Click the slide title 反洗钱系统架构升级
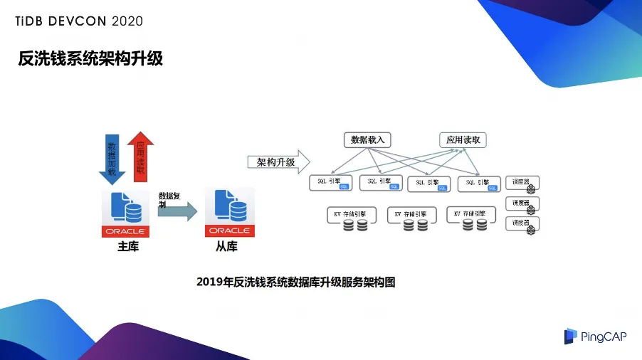point(90,58)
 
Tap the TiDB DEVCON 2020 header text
point(79,21)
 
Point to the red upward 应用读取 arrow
point(140,155)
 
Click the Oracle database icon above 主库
point(125,213)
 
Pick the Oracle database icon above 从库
point(228,213)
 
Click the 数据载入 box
point(368,139)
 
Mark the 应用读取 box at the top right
point(463,139)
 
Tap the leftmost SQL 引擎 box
point(332,182)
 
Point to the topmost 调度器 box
point(522,182)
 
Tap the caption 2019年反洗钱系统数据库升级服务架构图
point(295,282)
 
